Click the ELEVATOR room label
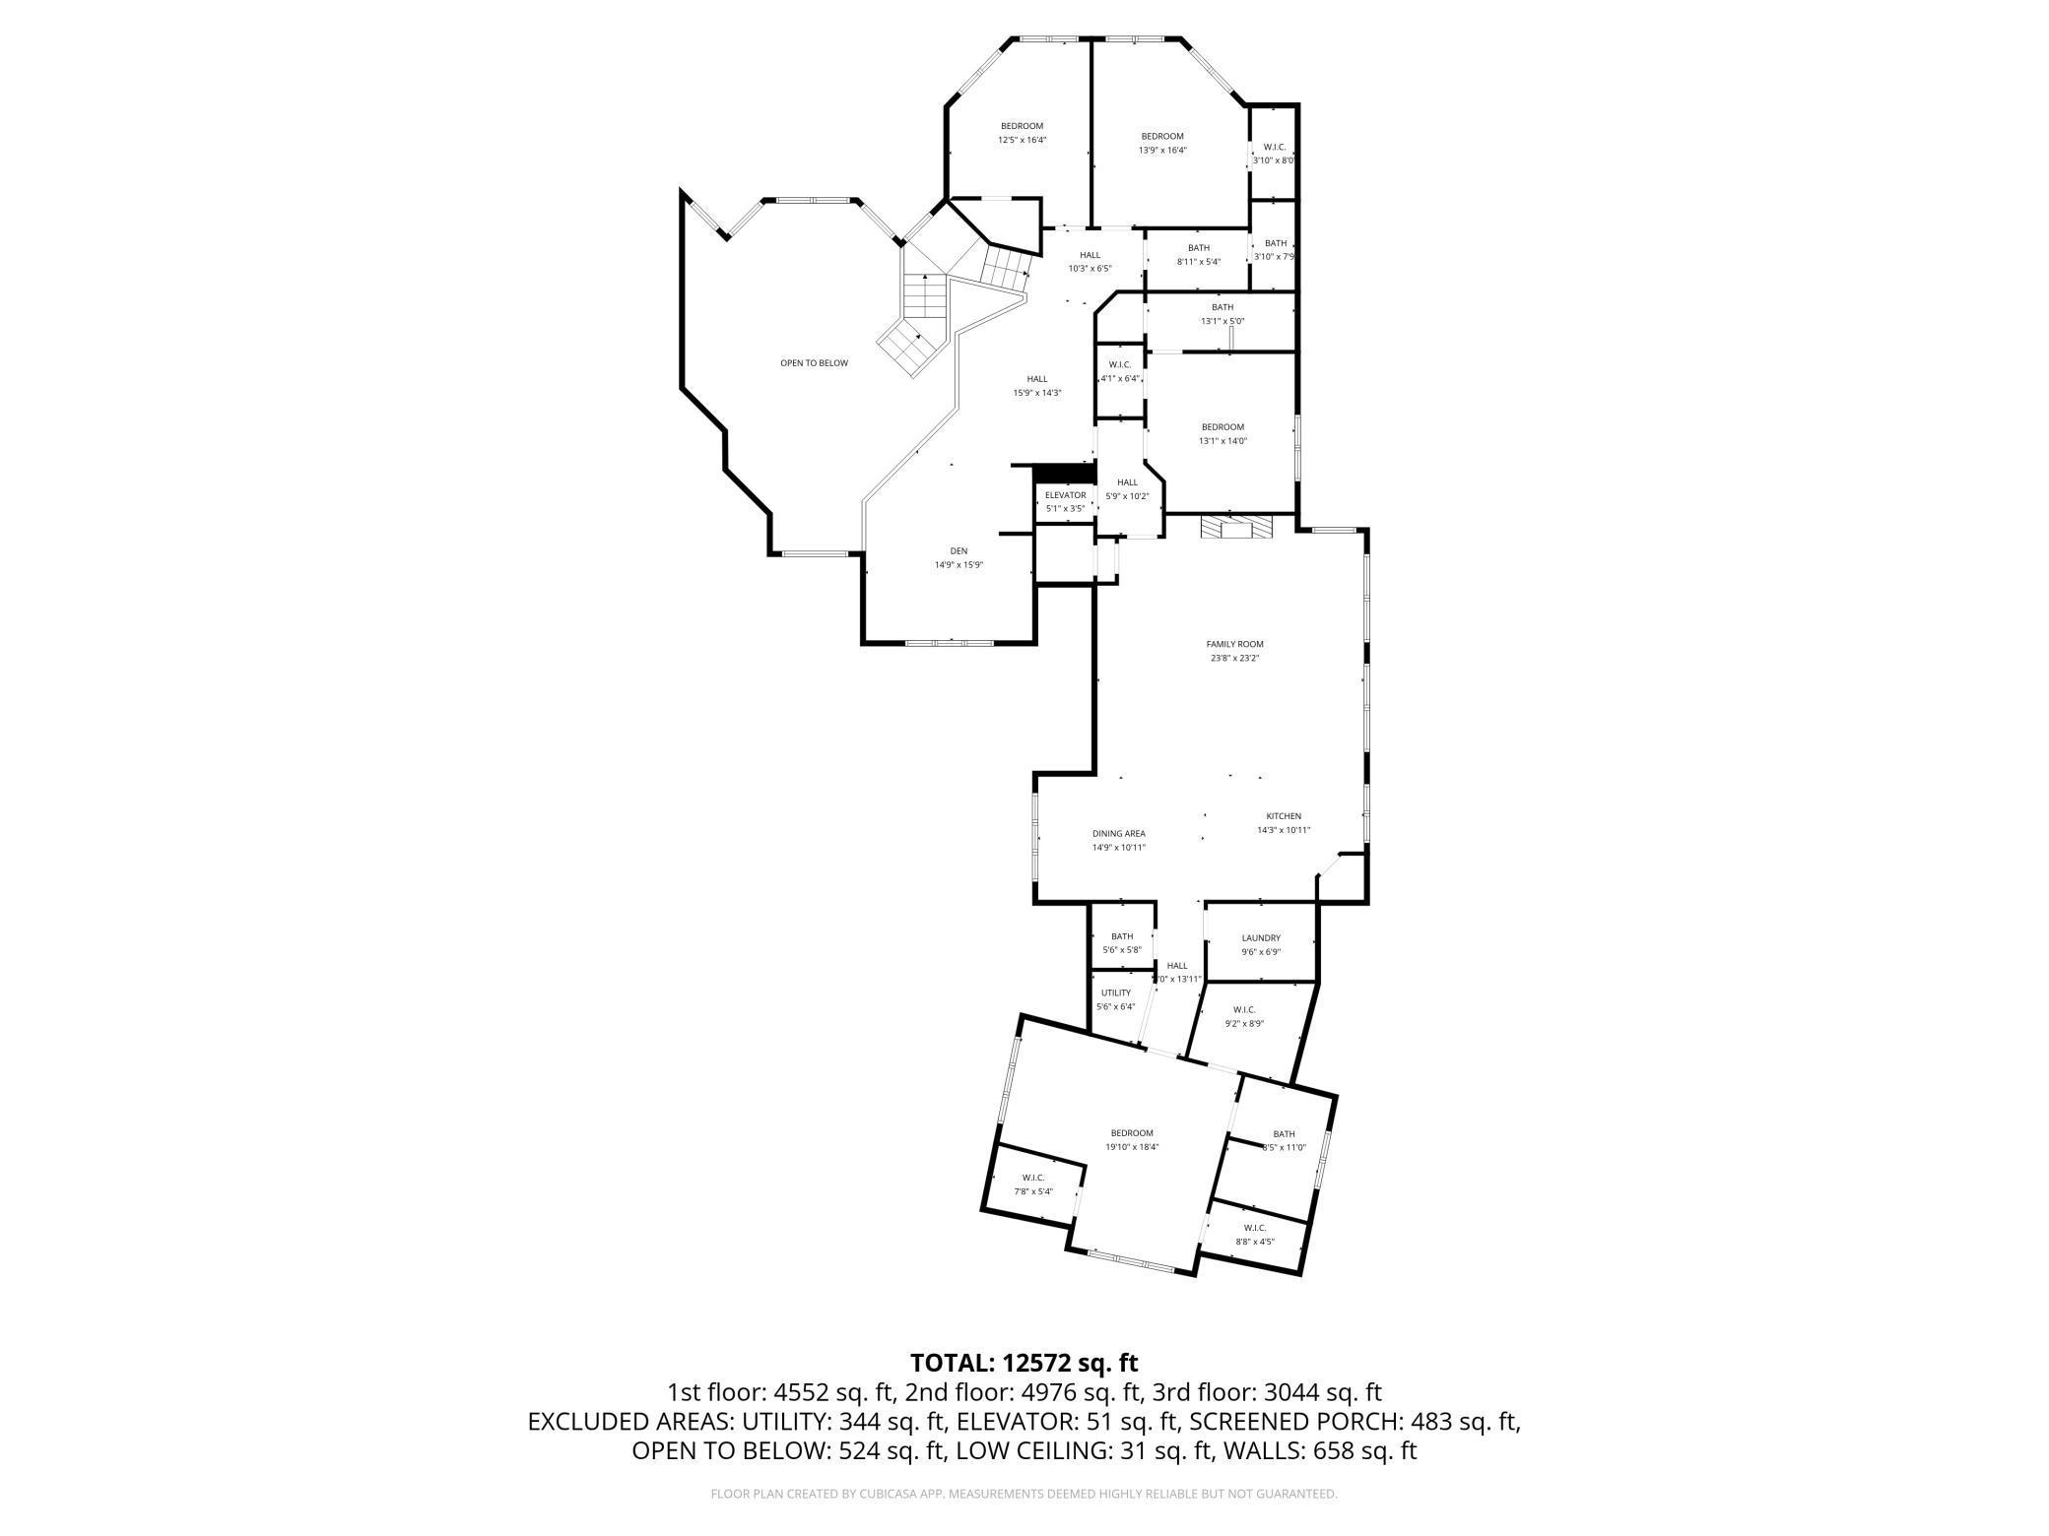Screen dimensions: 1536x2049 coord(1065,495)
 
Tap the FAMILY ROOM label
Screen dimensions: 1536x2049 coord(1234,644)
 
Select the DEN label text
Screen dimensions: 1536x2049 coord(958,550)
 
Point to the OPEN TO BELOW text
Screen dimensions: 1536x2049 coord(814,363)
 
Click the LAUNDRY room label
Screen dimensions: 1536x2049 coord(1261,938)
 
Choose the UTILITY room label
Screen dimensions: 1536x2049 coord(1116,992)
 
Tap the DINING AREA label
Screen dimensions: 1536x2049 coord(1118,833)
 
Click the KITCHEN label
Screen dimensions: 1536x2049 coord(1283,816)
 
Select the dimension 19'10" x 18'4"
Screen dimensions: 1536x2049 coord(1132,1147)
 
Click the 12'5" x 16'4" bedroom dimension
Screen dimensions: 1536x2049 coord(1022,140)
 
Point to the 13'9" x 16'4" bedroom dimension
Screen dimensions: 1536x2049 coord(1162,151)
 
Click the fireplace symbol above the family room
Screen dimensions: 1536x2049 coord(1234,529)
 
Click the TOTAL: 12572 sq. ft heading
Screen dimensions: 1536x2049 coord(1024,1363)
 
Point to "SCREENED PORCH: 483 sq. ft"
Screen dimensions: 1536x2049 coord(1355,1422)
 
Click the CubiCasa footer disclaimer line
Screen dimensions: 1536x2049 coord(1024,1494)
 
